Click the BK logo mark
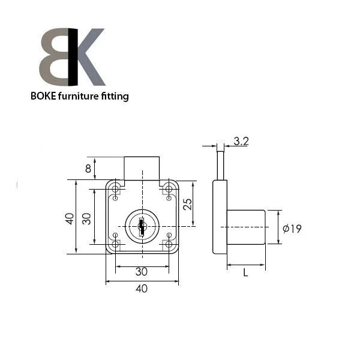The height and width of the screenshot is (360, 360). point(72,57)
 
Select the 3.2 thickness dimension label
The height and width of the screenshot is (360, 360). point(241,142)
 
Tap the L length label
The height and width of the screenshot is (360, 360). point(245,273)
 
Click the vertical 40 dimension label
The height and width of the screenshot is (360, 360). point(70,218)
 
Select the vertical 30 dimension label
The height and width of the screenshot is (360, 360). point(86,218)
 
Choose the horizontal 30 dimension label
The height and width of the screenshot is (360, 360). point(142,271)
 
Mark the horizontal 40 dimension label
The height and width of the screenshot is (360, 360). point(142,289)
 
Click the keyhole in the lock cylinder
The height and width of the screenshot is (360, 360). point(142,226)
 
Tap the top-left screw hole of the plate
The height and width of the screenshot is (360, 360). point(115,190)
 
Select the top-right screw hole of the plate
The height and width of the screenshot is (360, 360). point(169,190)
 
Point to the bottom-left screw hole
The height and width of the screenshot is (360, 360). point(115,243)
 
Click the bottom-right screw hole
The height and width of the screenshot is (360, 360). point(169,243)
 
